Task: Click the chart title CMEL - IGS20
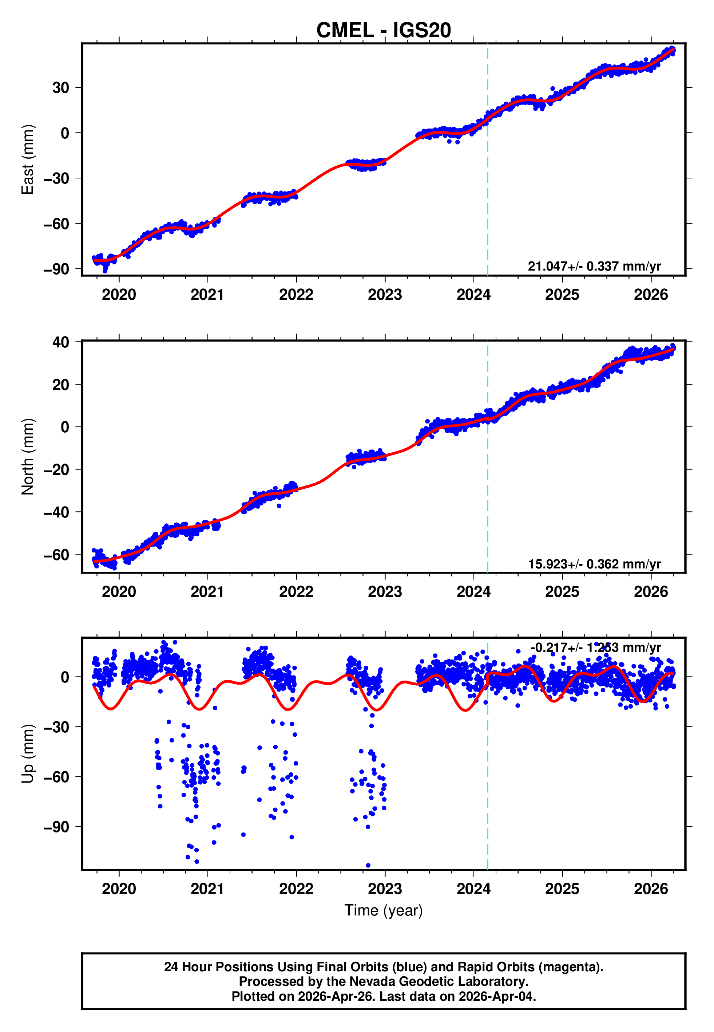tap(384, 31)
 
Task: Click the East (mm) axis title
tap(28, 159)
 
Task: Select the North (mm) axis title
tap(28, 457)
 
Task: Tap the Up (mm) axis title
tap(28, 753)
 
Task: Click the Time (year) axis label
tap(384, 911)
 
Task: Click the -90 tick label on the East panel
tap(56, 269)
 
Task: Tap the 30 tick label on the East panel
tap(61, 88)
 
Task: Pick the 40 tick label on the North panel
tap(61, 342)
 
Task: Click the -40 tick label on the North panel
tap(56, 512)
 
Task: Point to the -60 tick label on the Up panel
tap(56, 777)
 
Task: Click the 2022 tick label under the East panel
tap(296, 295)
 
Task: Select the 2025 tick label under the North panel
tap(562, 592)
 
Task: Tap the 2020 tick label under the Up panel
tap(119, 889)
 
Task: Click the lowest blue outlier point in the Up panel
tap(368, 865)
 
